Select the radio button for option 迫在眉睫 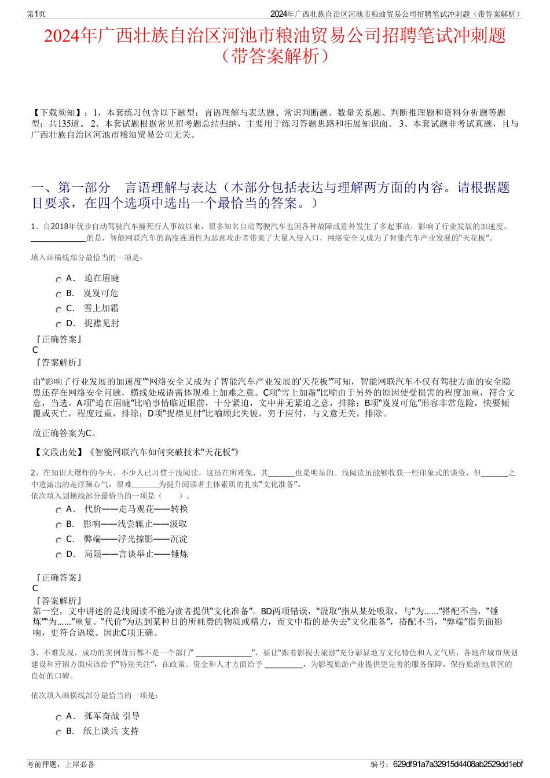coord(58,279)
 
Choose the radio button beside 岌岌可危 coord(58,294)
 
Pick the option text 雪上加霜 coord(101,308)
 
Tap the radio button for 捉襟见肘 coord(58,325)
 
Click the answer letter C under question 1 coord(35,350)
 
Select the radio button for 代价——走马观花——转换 coord(58,510)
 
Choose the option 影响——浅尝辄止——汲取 coord(135,524)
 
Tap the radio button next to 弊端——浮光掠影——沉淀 coord(58,540)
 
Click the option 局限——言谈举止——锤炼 coord(136,554)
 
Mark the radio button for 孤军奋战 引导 coord(58,717)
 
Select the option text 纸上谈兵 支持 coord(111,731)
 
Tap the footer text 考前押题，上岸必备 coord(61,764)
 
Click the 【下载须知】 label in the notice coord(57,113)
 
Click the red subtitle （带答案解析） coord(274,56)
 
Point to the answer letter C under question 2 coord(35,588)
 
